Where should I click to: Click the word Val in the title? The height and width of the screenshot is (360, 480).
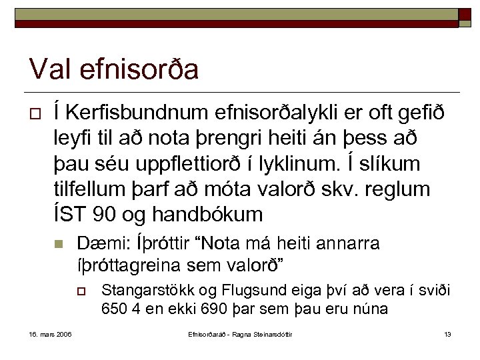point(53,69)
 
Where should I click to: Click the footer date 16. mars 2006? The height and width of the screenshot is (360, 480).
point(51,333)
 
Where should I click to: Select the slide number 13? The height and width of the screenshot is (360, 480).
point(447,333)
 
